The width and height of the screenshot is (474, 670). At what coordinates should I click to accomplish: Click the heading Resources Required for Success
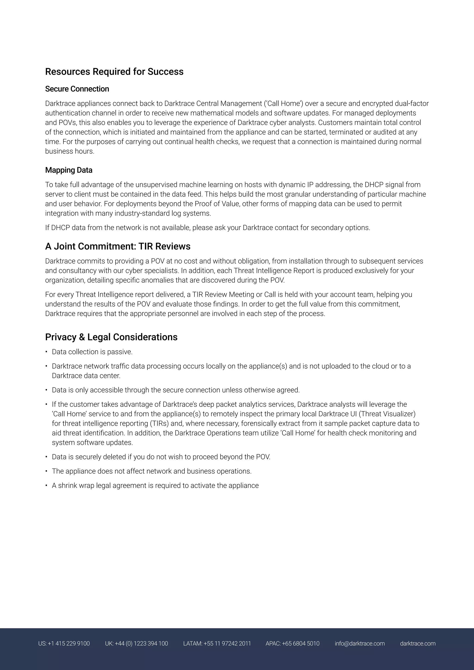click(x=114, y=71)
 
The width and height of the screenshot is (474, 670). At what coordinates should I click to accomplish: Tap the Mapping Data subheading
click(x=69, y=170)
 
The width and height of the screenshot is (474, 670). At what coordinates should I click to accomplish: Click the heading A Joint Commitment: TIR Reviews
click(x=118, y=246)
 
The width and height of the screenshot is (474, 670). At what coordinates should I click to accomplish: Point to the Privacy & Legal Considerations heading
click(x=111, y=337)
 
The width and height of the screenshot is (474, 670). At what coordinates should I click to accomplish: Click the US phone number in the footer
click(x=64, y=643)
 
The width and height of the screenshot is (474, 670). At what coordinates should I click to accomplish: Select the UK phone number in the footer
click(x=136, y=643)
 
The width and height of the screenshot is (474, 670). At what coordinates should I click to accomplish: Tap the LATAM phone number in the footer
click(x=217, y=643)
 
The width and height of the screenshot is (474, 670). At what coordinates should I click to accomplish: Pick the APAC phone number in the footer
click(x=293, y=643)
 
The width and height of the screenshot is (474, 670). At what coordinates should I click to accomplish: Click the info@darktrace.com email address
click(x=360, y=643)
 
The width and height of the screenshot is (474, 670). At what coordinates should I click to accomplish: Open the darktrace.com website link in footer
click(x=418, y=643)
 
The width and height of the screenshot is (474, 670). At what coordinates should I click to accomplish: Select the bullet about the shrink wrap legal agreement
click(x=155, y=485)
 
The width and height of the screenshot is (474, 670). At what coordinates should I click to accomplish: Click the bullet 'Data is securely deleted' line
click(x=161, y=457)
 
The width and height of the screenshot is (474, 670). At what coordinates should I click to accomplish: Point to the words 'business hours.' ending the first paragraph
click(x=70, y=151)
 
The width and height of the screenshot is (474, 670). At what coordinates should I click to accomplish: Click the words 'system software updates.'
click(x=92, y=442)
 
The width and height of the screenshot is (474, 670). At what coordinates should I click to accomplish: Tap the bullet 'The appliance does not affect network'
click(x=152, y=471)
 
